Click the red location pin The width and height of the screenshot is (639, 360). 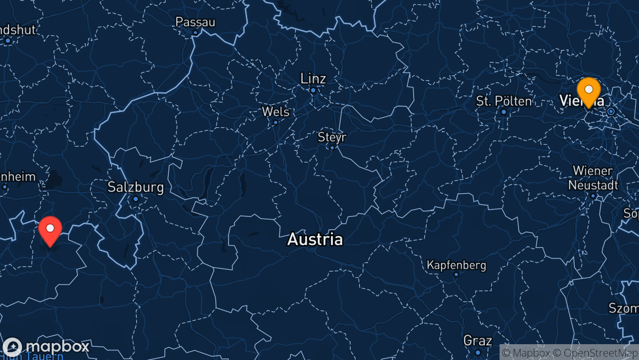pos(50,230)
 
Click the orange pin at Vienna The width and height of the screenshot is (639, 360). pos(588,91)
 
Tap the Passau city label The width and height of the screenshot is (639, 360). pos(195,22)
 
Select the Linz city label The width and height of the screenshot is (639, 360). pos(313,79)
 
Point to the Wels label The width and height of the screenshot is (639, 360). pos(276,112)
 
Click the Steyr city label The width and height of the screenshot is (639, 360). pos(332,137)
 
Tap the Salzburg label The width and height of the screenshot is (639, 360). pos(136,187)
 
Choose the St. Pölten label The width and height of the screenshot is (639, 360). pos(504,101)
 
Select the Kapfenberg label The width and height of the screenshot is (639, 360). pos(456,265)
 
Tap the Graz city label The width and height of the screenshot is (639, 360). pos(477,340)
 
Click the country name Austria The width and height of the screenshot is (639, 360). pos(315,240)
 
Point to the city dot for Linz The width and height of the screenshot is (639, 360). pos(313,90)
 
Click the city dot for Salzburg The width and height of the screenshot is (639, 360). pos(136,199)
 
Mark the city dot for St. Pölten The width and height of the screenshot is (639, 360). pos(504,112)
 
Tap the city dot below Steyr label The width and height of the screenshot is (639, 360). pos(332,147)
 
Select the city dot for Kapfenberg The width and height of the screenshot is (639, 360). pos(456,274)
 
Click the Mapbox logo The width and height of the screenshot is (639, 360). pos(46,347)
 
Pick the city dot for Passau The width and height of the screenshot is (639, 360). pos(195,33)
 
